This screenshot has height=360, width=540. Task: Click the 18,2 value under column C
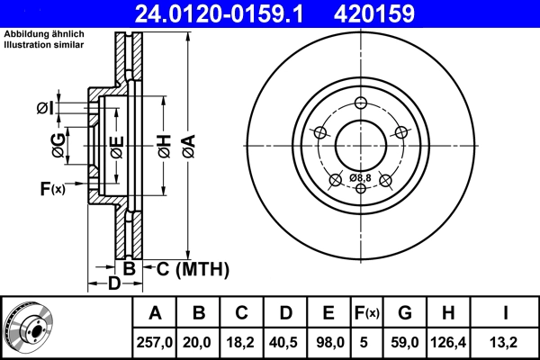pos(242,341)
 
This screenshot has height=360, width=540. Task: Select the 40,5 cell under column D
pos(285,341)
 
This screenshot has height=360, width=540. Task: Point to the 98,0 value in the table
pos(328,341)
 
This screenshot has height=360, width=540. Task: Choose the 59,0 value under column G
pos(404,341)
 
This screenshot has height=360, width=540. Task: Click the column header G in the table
pos(404,313)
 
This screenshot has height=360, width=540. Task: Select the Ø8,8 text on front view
pos(361,177)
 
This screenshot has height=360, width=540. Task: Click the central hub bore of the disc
pos(361,144)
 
